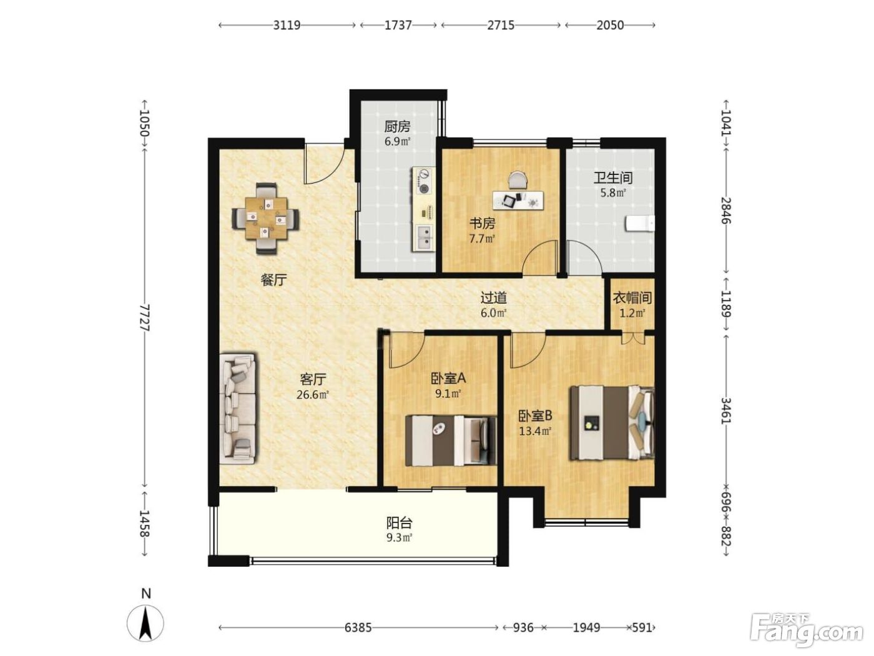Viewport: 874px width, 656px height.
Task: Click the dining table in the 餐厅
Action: tap(266, 218)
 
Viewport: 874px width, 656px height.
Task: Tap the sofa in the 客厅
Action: tap(238, 408)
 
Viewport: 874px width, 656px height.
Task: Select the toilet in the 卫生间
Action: tap(640, 224)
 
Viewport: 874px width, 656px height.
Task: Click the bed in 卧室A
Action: tap(451, 440)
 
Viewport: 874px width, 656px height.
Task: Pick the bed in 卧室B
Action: tap(612, 422)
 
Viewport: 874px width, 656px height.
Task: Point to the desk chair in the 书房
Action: tap(518, 180)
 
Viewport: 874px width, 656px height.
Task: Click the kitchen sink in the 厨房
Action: tap(425, 237)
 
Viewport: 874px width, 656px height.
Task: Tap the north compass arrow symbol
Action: tap(145, 623)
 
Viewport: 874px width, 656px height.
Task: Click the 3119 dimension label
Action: tap(287, 25)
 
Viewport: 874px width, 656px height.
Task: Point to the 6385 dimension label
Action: tap(358, 628)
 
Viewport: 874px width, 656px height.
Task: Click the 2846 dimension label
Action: tap(727, 211)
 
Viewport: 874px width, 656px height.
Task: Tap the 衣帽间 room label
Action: tap(632, 297)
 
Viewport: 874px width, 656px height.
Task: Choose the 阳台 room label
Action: tap(399, 522)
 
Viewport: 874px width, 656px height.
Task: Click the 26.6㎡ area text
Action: tap(313, 395)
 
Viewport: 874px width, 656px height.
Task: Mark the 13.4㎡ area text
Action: tap(535, 431)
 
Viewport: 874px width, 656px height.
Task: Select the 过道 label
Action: tap(494, 297)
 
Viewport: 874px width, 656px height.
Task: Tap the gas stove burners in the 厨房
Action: tap(425, 182)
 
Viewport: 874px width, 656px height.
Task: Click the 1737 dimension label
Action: tap(398, 25)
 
